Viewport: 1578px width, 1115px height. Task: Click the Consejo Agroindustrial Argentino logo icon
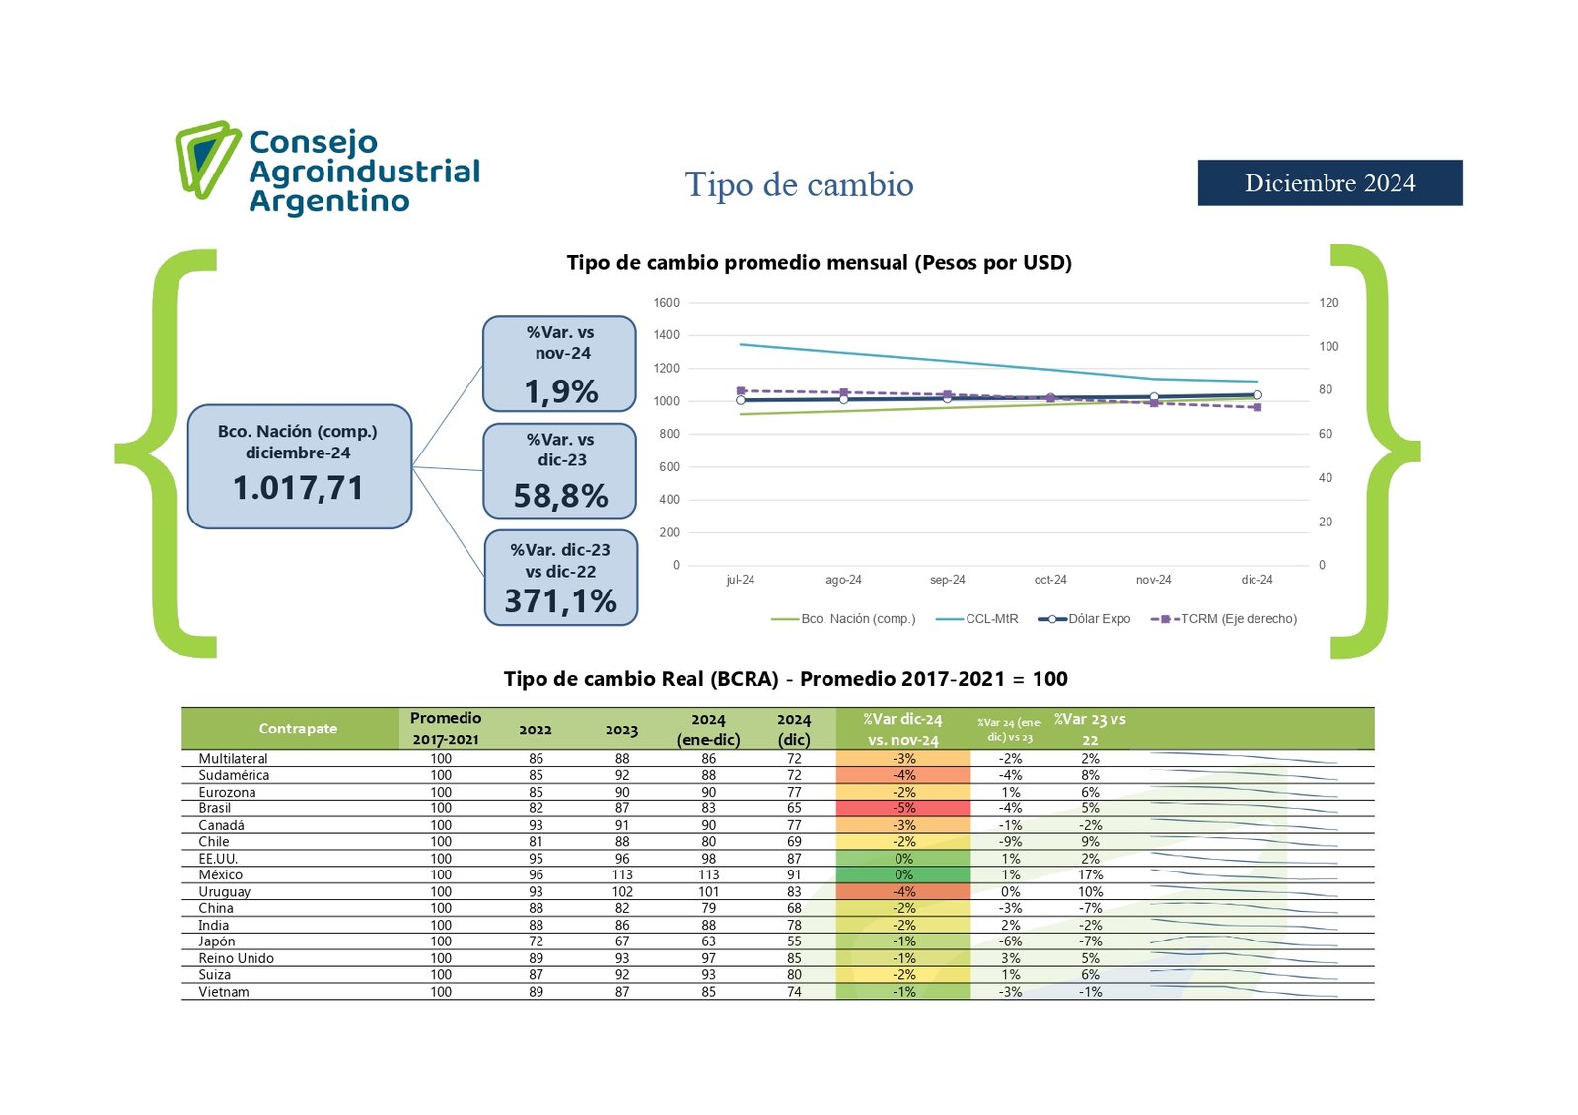tap(207, 159)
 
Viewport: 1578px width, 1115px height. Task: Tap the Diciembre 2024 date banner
tap(1329, 183)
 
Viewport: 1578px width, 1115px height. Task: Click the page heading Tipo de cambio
tap(799, 185)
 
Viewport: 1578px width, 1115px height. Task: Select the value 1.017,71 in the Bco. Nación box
tap(298, 488)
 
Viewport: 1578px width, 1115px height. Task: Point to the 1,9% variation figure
tap(560, 391)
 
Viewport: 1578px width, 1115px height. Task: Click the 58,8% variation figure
tap(560, 496)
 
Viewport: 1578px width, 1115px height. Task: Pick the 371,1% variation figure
tap(560, 601)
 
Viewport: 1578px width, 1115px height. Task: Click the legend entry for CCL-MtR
tap(991, 619)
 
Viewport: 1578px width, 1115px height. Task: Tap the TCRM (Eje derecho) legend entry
tap(1238, 619)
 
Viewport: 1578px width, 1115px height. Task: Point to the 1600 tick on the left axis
tap(666, 303)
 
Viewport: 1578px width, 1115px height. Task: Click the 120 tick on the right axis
tap(1328, 303)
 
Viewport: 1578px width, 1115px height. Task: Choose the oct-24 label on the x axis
tap(1050, 580)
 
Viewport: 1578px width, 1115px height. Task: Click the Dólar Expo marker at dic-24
tap(1257, 395)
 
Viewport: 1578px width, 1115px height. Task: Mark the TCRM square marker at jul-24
tap(741, 391)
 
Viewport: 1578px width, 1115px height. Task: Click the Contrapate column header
tap(298, 729)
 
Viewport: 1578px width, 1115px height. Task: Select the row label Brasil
tap(215, 808)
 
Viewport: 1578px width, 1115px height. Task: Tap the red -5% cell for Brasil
tap(903, 808)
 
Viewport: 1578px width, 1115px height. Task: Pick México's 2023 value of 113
tap(621, 874)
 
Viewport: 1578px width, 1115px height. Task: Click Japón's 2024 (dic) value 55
tap(794, 941)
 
